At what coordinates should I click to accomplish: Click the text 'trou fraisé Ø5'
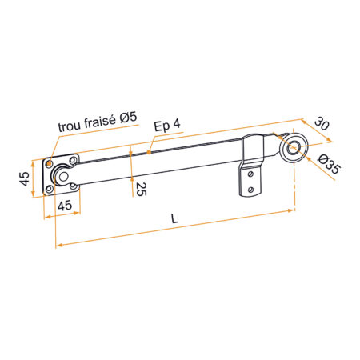coord(98,122)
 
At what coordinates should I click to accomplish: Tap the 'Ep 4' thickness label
coord(167,125)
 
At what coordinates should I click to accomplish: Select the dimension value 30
coord(322,123)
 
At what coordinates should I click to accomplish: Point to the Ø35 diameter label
coord(330,164)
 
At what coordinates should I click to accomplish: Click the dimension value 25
coord(142,189)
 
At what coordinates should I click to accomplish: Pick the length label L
coord(174,219)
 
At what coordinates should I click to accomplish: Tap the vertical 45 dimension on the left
coord(24,178)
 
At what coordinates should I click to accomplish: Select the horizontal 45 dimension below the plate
coord(65,206)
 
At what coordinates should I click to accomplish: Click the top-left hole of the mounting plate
coord(49,163)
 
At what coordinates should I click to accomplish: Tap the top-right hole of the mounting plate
coord(73,161)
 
